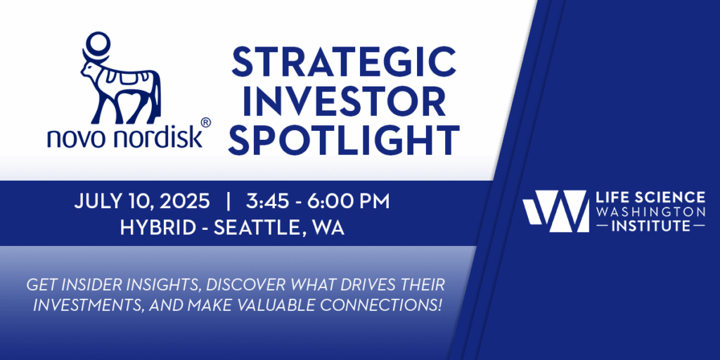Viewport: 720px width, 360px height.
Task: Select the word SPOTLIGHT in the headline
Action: [344, 140]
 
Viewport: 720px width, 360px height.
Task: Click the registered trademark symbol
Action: [206, 122]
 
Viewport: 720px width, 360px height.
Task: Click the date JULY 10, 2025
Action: [142, 202]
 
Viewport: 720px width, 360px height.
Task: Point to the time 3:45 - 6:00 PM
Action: [317, 202]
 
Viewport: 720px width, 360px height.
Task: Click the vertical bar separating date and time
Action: [229, 202]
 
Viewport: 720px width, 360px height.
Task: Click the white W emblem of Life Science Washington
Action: [555, 211]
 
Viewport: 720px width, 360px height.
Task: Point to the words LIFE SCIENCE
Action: [650, 198]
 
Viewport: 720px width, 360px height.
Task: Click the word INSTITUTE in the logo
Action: [650, 226]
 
